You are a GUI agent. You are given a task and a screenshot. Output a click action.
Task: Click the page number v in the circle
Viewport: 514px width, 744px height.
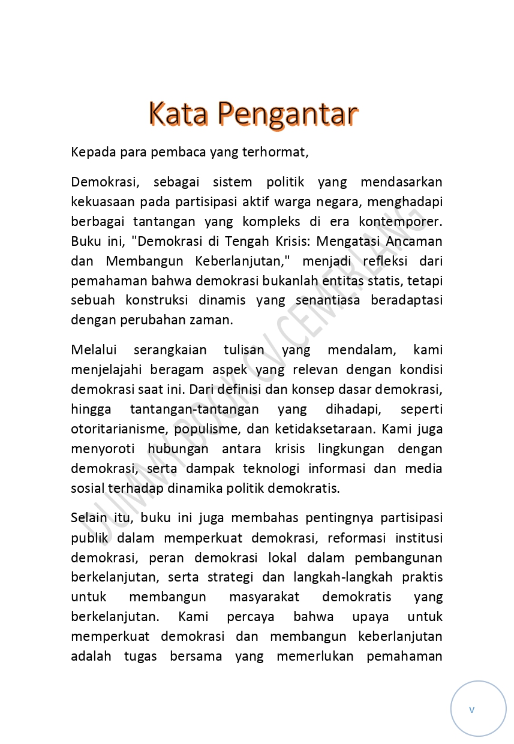[471, 709]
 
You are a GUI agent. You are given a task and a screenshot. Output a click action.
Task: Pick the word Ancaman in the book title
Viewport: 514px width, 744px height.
[414, 241]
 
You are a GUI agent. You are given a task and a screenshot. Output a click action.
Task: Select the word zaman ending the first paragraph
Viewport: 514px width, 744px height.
[215, 320]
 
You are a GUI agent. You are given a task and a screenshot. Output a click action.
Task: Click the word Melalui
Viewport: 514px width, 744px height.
[94, 350]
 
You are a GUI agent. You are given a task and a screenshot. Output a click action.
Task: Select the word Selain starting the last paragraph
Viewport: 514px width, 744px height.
[89, 517]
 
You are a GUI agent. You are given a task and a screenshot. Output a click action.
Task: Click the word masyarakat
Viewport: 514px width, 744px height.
[264, 597]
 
